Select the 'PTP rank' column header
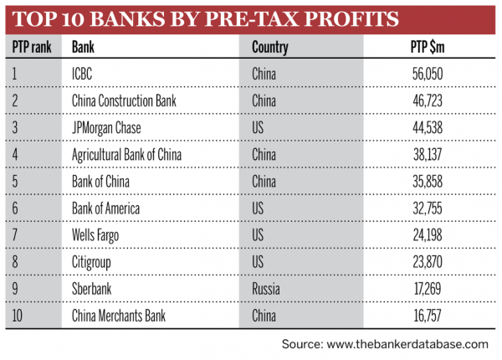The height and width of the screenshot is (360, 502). tap(33, 47)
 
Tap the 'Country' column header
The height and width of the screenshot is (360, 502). tap(270, 47)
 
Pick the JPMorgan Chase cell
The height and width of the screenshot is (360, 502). tap(108, 127)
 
